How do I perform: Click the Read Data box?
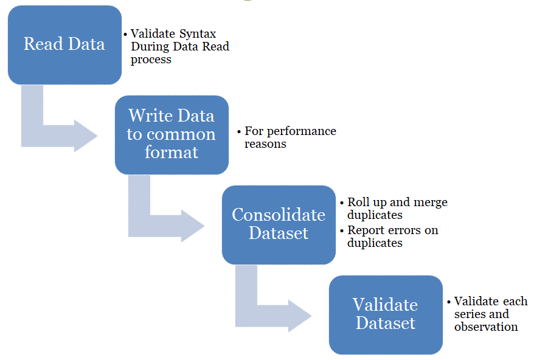click(x=64, y=45)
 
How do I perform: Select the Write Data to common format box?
click(x=172, y=134)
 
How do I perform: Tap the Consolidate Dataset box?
click(x=279, y=224)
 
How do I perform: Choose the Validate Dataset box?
click(x=386, y=314)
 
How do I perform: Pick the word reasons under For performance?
click(x=265, y=144)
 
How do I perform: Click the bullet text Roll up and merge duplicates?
click(x=397, y=209)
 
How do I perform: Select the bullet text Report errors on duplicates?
click(x=392, y=237)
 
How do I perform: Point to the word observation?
click(x=486, y=327)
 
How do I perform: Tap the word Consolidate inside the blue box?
click(x=279, y=215)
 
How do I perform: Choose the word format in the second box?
click(x=172, y=152)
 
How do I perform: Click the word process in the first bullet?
click(x=151, y=60)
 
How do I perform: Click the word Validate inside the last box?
click(x=386, y=305)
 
